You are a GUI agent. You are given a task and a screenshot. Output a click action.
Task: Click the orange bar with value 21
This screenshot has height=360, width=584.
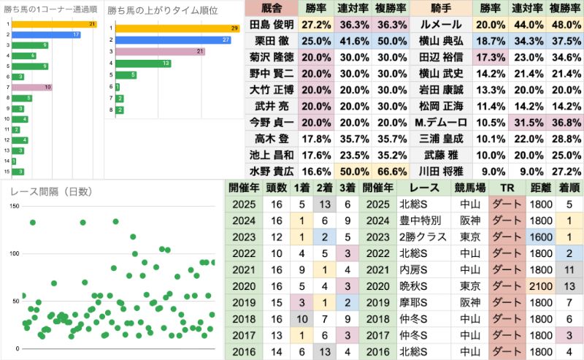[55, 24]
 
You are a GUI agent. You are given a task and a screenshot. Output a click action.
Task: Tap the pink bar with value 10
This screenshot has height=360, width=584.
[32, 87]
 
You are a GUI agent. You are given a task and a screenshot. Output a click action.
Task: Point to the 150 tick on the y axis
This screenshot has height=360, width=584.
[14, 207]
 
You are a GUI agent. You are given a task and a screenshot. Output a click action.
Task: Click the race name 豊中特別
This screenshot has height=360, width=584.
[418, 220]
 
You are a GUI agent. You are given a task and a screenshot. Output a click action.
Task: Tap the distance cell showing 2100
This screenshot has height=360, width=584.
[540, 286]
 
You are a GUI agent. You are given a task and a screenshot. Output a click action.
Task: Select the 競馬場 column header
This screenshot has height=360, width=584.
[469, 187]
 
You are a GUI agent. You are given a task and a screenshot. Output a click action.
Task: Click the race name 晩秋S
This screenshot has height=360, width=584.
[418, 286]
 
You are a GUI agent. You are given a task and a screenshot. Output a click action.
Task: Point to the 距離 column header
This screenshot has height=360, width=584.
[540, 187]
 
